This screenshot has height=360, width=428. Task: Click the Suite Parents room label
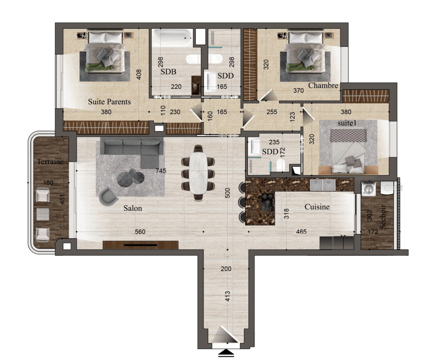point(109,102)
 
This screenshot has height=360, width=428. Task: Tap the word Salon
point(132,208)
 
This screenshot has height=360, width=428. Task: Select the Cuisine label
point(317,207)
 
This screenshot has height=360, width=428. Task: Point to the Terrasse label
point(50,162)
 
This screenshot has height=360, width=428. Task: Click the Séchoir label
point(383,217)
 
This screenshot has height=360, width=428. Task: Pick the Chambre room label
point(323,86)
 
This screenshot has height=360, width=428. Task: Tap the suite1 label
point(347,123)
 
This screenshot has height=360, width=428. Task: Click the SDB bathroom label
point(168,72)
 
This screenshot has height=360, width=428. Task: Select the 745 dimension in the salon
point(161,171)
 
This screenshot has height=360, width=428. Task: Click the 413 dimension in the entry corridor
point(228,297)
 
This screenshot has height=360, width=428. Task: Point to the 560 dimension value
point(140,232)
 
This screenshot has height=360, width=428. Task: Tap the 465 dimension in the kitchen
point(301,232)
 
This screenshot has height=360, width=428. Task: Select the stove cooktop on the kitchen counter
point(267,203)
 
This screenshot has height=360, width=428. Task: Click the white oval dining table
point(199,173)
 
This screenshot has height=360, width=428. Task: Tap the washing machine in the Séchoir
point(369,189)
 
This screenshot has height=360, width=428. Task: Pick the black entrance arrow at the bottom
point(226,353)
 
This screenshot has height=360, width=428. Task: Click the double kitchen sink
point(323,185)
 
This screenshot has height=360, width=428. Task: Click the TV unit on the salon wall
point(140,245)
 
